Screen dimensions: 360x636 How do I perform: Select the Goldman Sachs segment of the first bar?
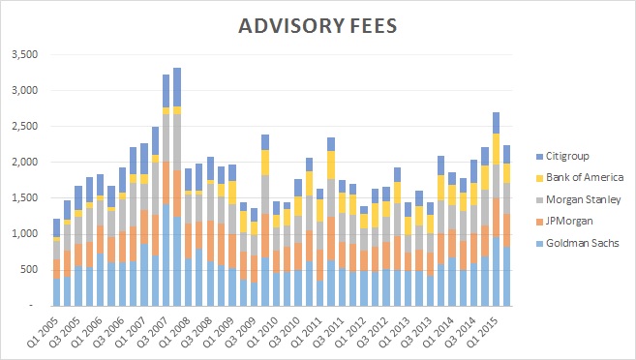coord(56,291)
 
